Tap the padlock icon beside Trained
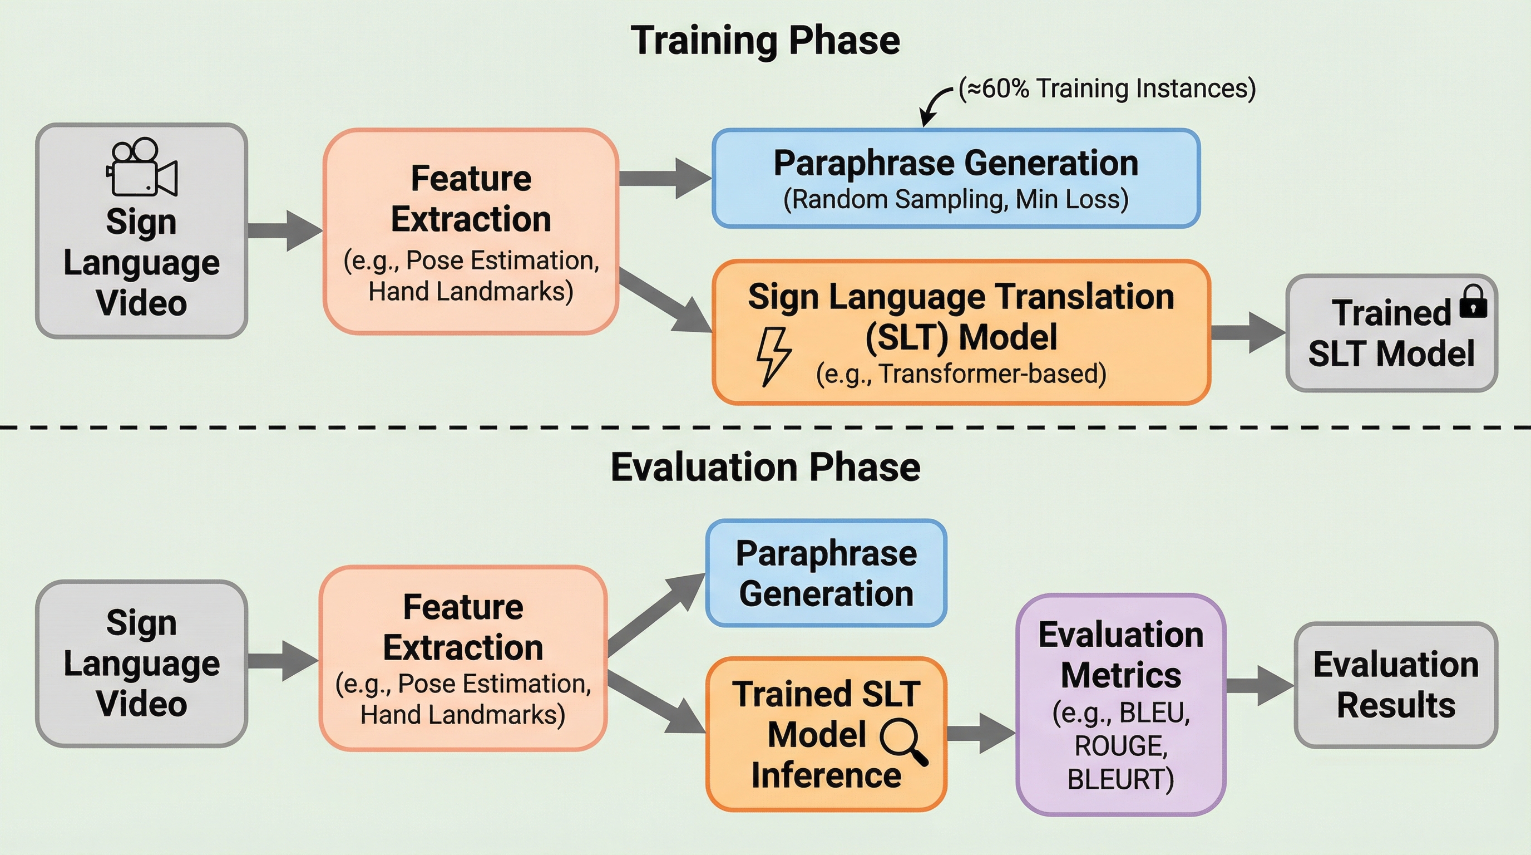1472,302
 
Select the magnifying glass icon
903,741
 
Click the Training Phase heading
765,41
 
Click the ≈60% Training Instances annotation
1107,89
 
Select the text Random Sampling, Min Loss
956,200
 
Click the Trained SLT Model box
1391,333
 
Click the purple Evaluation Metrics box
1120,705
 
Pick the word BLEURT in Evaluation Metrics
1120,779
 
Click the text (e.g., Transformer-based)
960,374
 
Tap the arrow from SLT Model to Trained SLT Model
1247,332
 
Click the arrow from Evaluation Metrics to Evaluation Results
1259,686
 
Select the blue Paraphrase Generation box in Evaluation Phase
826,573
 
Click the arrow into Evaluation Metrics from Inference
980,733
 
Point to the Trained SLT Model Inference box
826,734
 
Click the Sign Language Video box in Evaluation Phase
141,663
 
